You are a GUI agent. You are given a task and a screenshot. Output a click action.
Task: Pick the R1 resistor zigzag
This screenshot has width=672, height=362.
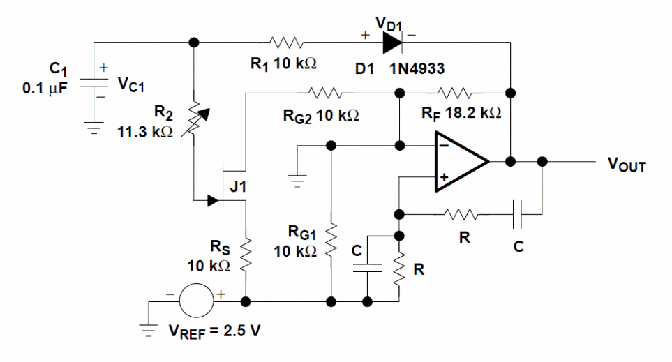(288, 43)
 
